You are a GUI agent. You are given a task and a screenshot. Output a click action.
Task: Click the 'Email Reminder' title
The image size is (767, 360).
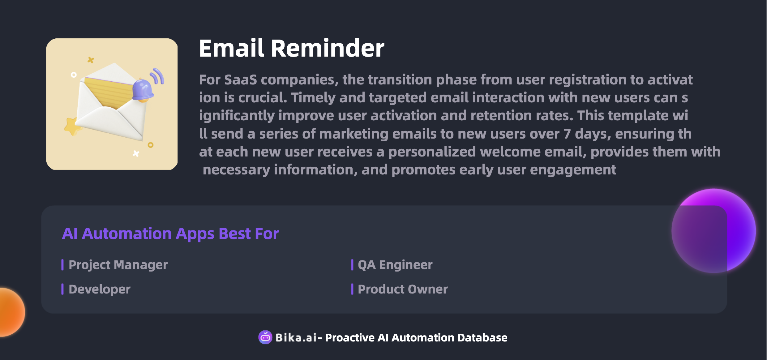point(292,48)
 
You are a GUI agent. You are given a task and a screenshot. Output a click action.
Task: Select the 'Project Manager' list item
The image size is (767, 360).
point(118,265)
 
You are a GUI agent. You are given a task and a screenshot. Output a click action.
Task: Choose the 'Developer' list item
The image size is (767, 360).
point(99,289)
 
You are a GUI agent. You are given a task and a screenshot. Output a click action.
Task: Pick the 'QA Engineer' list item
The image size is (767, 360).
point(395,265)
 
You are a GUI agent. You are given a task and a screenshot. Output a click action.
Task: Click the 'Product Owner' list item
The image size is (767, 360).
point(403,289)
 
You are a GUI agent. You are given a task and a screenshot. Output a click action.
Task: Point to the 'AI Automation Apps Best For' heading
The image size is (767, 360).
point(170,234)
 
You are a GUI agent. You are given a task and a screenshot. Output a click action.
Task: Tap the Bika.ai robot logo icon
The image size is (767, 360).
point(265,337)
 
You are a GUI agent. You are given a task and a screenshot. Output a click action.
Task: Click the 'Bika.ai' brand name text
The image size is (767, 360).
point(296,338)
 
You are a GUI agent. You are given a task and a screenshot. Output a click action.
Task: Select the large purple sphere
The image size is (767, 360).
point(713,231)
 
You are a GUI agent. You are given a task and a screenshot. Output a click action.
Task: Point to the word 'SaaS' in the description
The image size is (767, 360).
point(240,80)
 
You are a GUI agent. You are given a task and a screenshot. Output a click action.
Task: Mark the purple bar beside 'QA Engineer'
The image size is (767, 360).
point(352,265)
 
